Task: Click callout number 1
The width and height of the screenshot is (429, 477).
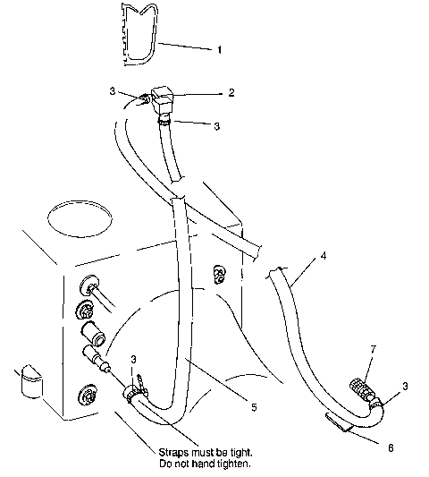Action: (220, 50)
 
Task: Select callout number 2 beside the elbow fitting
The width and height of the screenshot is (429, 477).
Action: (231, 92)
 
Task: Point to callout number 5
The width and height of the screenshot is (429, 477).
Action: (254, 407)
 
